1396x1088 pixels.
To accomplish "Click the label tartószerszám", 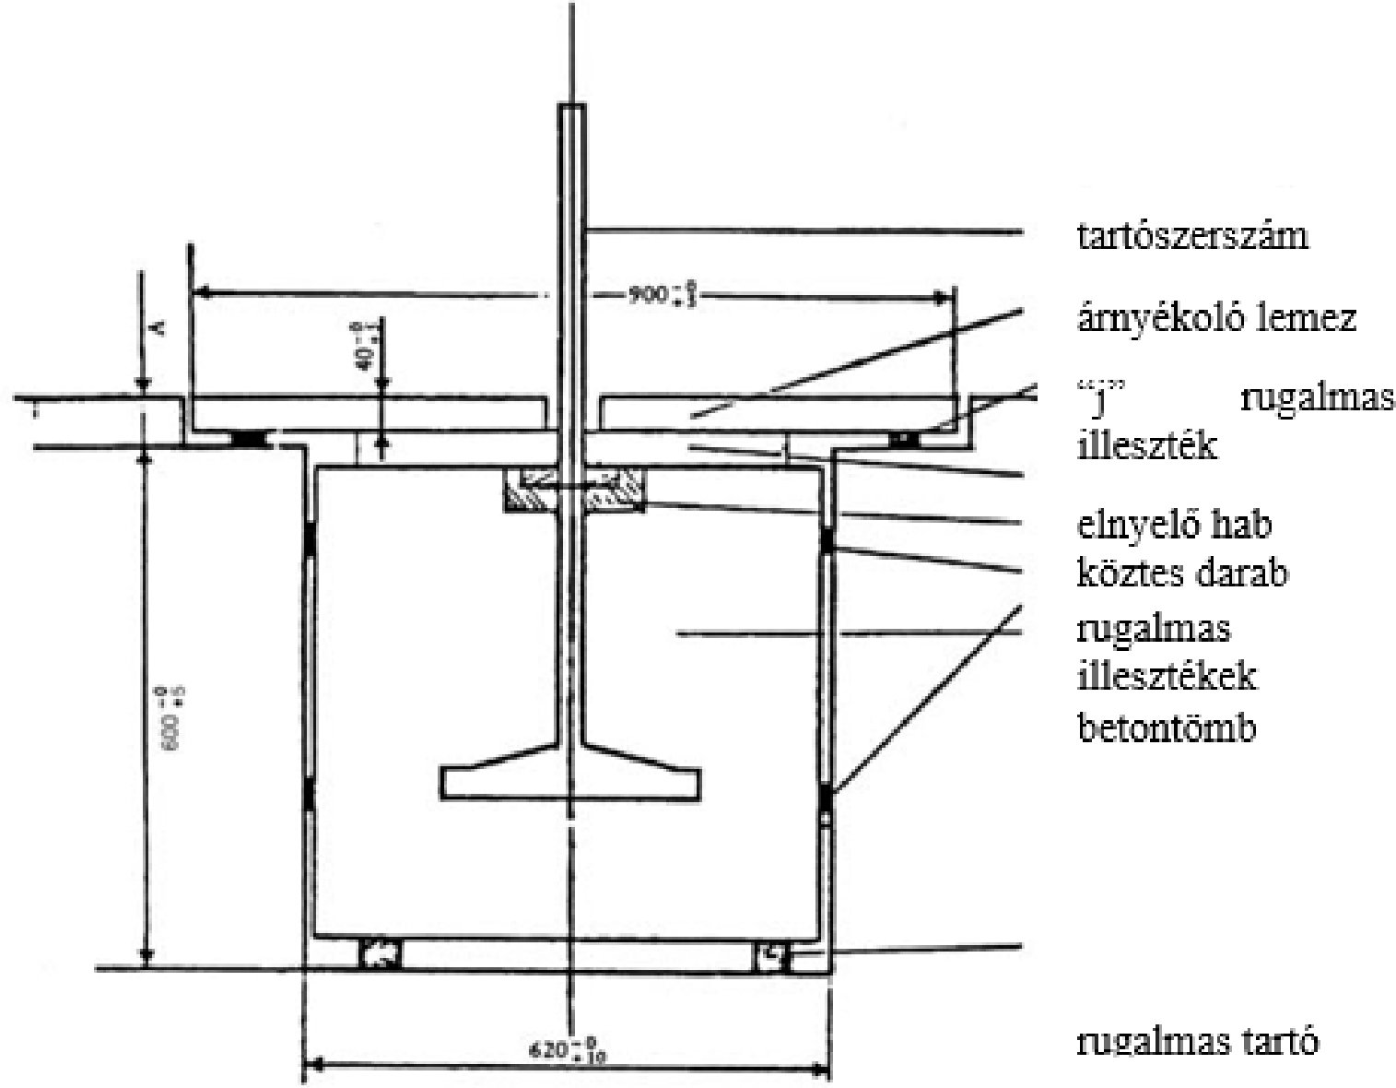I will click(1192, 237).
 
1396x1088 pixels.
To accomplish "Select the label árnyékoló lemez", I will click(1216, 319).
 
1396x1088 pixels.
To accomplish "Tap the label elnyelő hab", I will click(1174, 525).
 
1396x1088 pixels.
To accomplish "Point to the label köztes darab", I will click(1181, 574).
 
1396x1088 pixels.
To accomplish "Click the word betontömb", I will click(1166, 728).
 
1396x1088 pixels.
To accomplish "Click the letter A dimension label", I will click(157, 326).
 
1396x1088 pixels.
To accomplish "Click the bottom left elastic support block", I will click(380, 955).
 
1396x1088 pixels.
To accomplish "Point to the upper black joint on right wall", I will click(827, 539).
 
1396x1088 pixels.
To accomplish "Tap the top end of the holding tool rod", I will click(572, 108).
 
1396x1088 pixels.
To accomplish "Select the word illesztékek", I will click(1166, 678).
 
